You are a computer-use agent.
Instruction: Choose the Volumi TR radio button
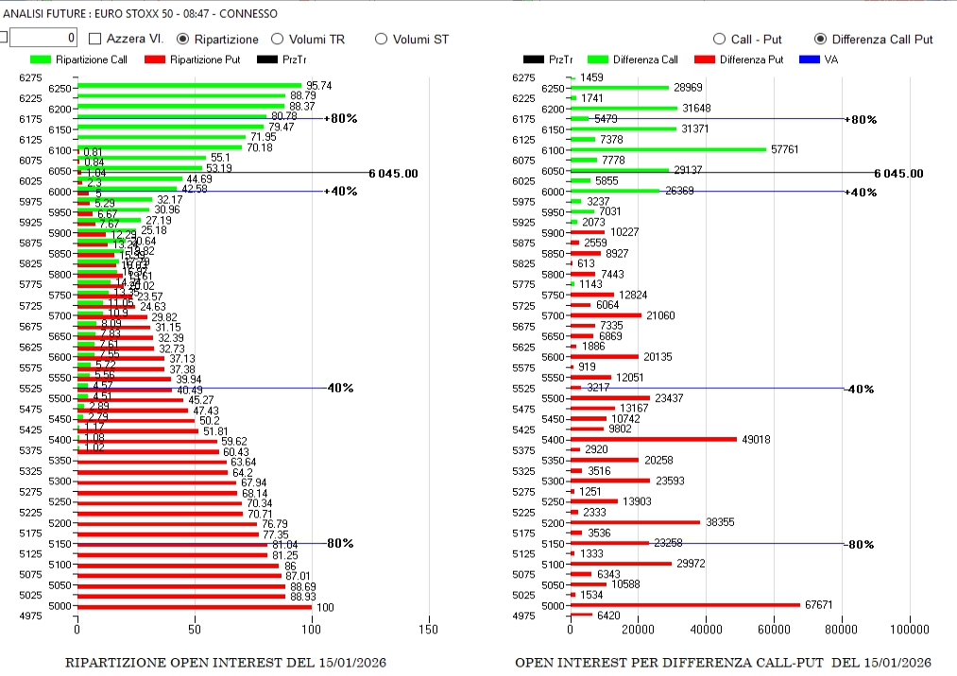[x=278, y=39]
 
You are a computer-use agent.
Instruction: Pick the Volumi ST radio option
[x=382, y=39]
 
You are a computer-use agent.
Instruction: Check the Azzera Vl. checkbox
[x=95, y=39]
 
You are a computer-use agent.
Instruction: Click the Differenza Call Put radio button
[x=820, y=39]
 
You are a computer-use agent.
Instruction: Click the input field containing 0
[x=43, y=38]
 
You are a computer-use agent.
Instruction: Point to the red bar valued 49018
[x=653, y=439]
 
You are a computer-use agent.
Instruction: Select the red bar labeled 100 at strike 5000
[x=194, y=606]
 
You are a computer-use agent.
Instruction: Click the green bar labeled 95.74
[x=189, y=86]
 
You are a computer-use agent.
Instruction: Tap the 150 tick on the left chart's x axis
[x=429, y=630]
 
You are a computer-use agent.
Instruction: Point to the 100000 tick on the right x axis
[x=910, y=630]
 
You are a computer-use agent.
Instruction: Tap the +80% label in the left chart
[x=340, y=119]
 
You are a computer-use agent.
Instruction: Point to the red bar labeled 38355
[x=635, y=522]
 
